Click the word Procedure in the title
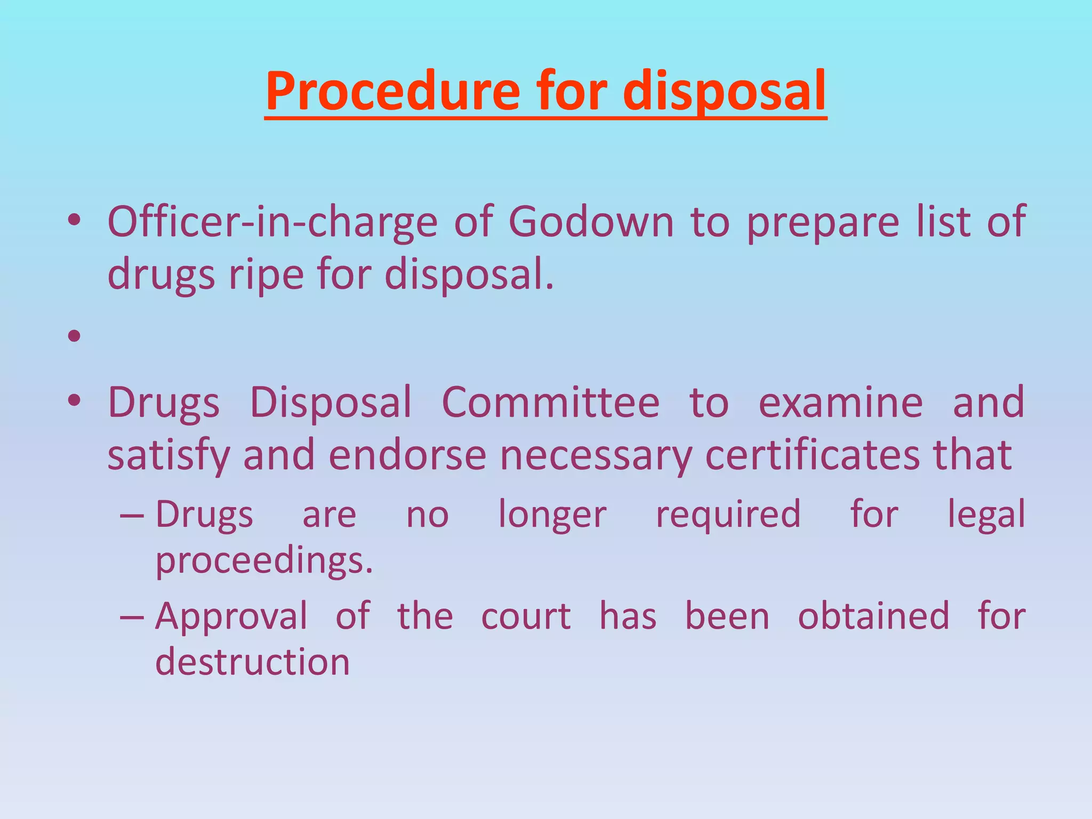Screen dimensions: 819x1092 [x=392, y=92]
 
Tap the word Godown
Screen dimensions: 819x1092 [x=591, y=222]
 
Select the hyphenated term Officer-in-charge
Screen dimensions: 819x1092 [x=272, y=222]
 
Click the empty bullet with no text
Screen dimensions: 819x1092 [x=74, y=336]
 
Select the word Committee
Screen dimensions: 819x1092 [x=550, y=402]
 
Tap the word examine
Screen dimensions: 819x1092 [x=841, y=402]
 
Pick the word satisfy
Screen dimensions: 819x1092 [x=168, y=455]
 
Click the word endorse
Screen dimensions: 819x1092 [x=407, y=455]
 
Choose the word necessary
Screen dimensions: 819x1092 [x=595, y=456]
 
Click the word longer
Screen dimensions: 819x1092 [x=552, y=515]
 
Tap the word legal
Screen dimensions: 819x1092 [x=986, y=514]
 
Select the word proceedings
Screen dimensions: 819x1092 [x=264, y=561]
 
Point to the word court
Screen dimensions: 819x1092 [x=526, y=616]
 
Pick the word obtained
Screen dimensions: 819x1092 [x=873, y=616]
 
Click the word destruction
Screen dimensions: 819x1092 [x=252, y=662]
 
